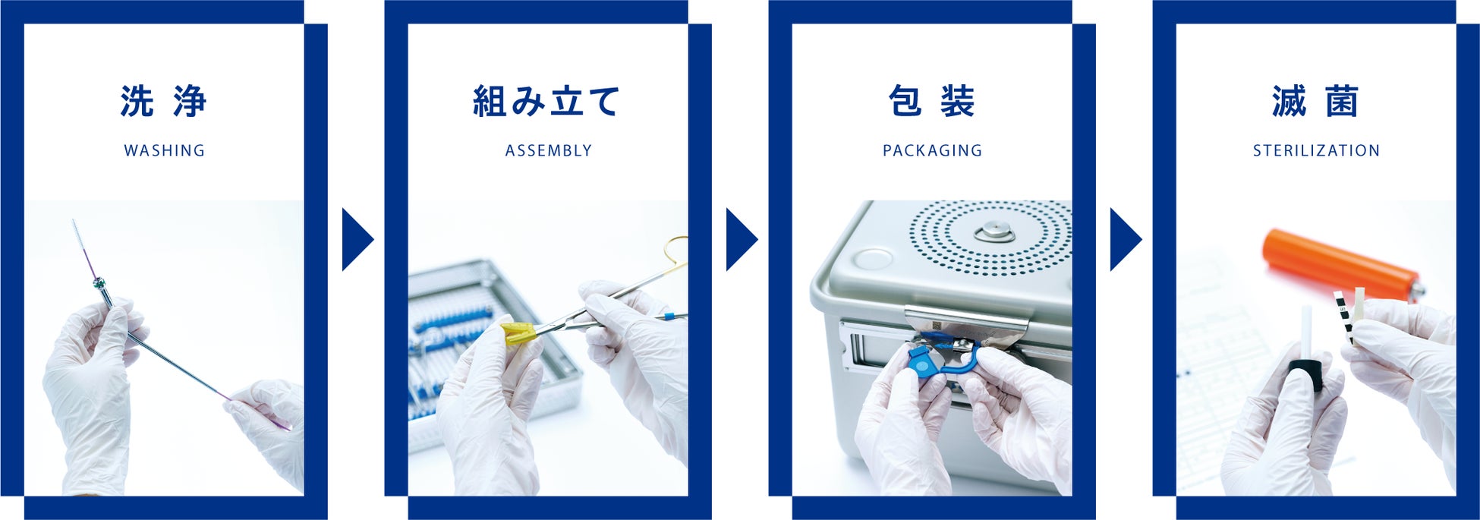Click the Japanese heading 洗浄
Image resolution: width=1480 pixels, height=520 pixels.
click(x=164, y=102)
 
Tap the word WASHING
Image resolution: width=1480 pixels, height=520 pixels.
click(x=165, y=150)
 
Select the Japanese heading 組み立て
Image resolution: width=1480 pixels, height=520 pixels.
click(x=547, y=102)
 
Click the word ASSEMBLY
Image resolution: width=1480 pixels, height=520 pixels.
click(x=549, y=150)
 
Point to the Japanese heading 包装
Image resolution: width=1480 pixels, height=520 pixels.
click(x=932, y=102)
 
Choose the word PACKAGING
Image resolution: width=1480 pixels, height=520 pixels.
click(x=933, y=150)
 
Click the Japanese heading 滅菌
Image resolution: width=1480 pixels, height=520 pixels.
click(x=1316, y=102)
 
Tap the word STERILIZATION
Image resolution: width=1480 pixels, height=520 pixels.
click(x=1317, y=150)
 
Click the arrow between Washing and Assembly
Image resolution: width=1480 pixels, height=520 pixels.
click(x=356, y=240)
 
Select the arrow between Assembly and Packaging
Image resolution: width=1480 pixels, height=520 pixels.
click(x=740, y=240)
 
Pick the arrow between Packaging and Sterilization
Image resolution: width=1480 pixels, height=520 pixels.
click(x=1124, y=240)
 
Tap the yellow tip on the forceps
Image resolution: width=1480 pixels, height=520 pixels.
click(x=519, y=332)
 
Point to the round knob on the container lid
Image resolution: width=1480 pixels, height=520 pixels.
click(x=990, y=231)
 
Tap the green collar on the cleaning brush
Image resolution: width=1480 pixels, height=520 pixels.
click(x=98, y=284)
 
